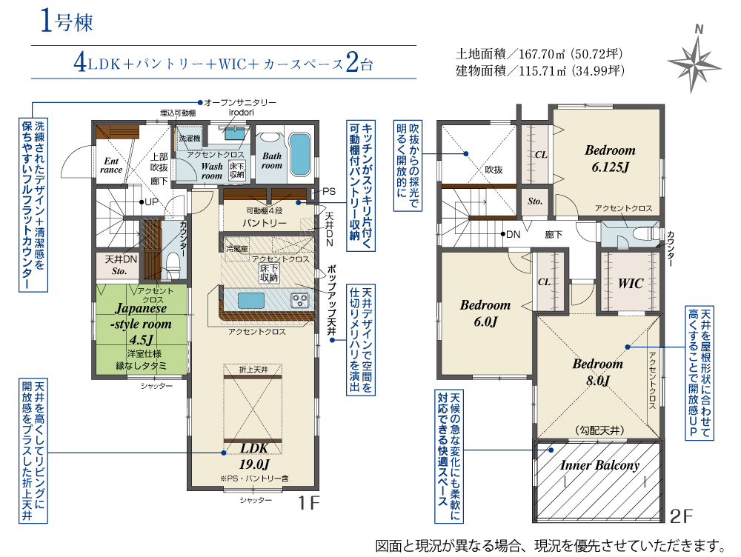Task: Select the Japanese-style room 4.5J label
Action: (141, 324)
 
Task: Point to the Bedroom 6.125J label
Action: (610, 159)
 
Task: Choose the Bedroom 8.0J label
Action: (598, 372)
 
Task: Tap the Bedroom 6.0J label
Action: (485, 313)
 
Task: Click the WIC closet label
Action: (631, 284)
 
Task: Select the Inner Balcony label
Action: (599, 465)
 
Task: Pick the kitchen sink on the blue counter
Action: (251, 301)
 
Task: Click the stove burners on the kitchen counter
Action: (299, 299)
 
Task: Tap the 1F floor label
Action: (308, 503)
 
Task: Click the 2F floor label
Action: (682, 516)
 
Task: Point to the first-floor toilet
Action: (173, 265)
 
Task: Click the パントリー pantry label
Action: (265, 222)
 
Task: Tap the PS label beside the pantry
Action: (329, 191)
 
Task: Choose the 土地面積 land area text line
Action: (539, 54)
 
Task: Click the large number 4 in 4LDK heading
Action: (80, 62)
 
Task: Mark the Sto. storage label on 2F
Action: (534, 201)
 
